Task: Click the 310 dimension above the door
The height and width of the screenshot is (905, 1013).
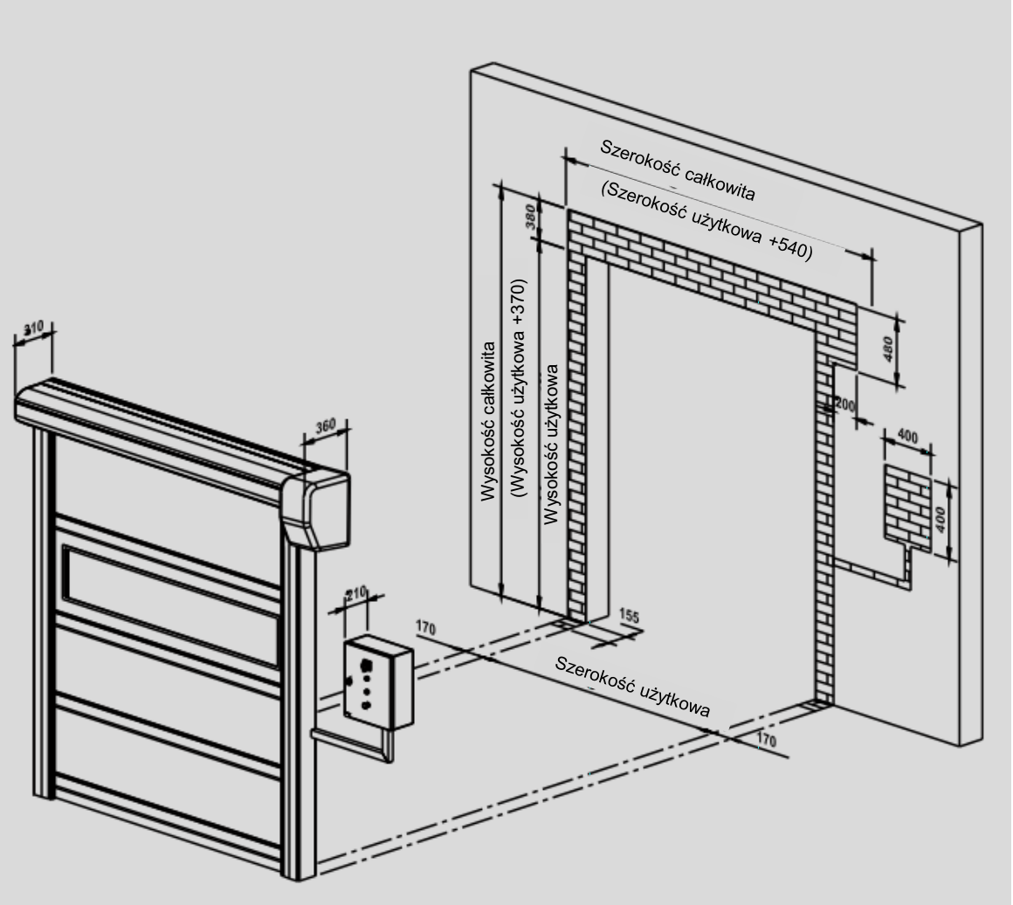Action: click(33, 328)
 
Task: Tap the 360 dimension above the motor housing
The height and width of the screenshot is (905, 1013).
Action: click(326, 426)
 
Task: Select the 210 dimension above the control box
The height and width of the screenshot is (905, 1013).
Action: click(355, 593)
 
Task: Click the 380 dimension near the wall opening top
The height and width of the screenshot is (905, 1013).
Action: click(531, 217)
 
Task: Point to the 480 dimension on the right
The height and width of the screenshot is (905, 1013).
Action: click(887, 349)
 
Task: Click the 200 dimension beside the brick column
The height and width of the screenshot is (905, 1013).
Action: click(845, 406)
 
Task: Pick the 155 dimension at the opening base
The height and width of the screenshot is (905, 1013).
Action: click(629, 616)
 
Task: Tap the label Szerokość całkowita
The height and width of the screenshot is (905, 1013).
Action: click(677, 170)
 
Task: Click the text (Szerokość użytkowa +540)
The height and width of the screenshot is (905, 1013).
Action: click(706, 220)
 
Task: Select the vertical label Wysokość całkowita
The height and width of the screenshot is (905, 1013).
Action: click(488, 421)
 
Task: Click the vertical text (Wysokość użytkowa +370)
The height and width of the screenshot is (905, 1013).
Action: click(519, 388)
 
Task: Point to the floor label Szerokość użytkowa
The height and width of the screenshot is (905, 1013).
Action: click(632, 687)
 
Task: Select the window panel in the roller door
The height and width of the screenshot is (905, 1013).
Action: click(171, 605)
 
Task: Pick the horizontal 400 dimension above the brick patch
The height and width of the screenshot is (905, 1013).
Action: click(907, 437)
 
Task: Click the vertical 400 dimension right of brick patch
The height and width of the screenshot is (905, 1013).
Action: click(940, 520)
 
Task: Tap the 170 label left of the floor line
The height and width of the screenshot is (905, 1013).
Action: click(426, 628)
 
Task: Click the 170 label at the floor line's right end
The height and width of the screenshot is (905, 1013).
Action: click(766, 740)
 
